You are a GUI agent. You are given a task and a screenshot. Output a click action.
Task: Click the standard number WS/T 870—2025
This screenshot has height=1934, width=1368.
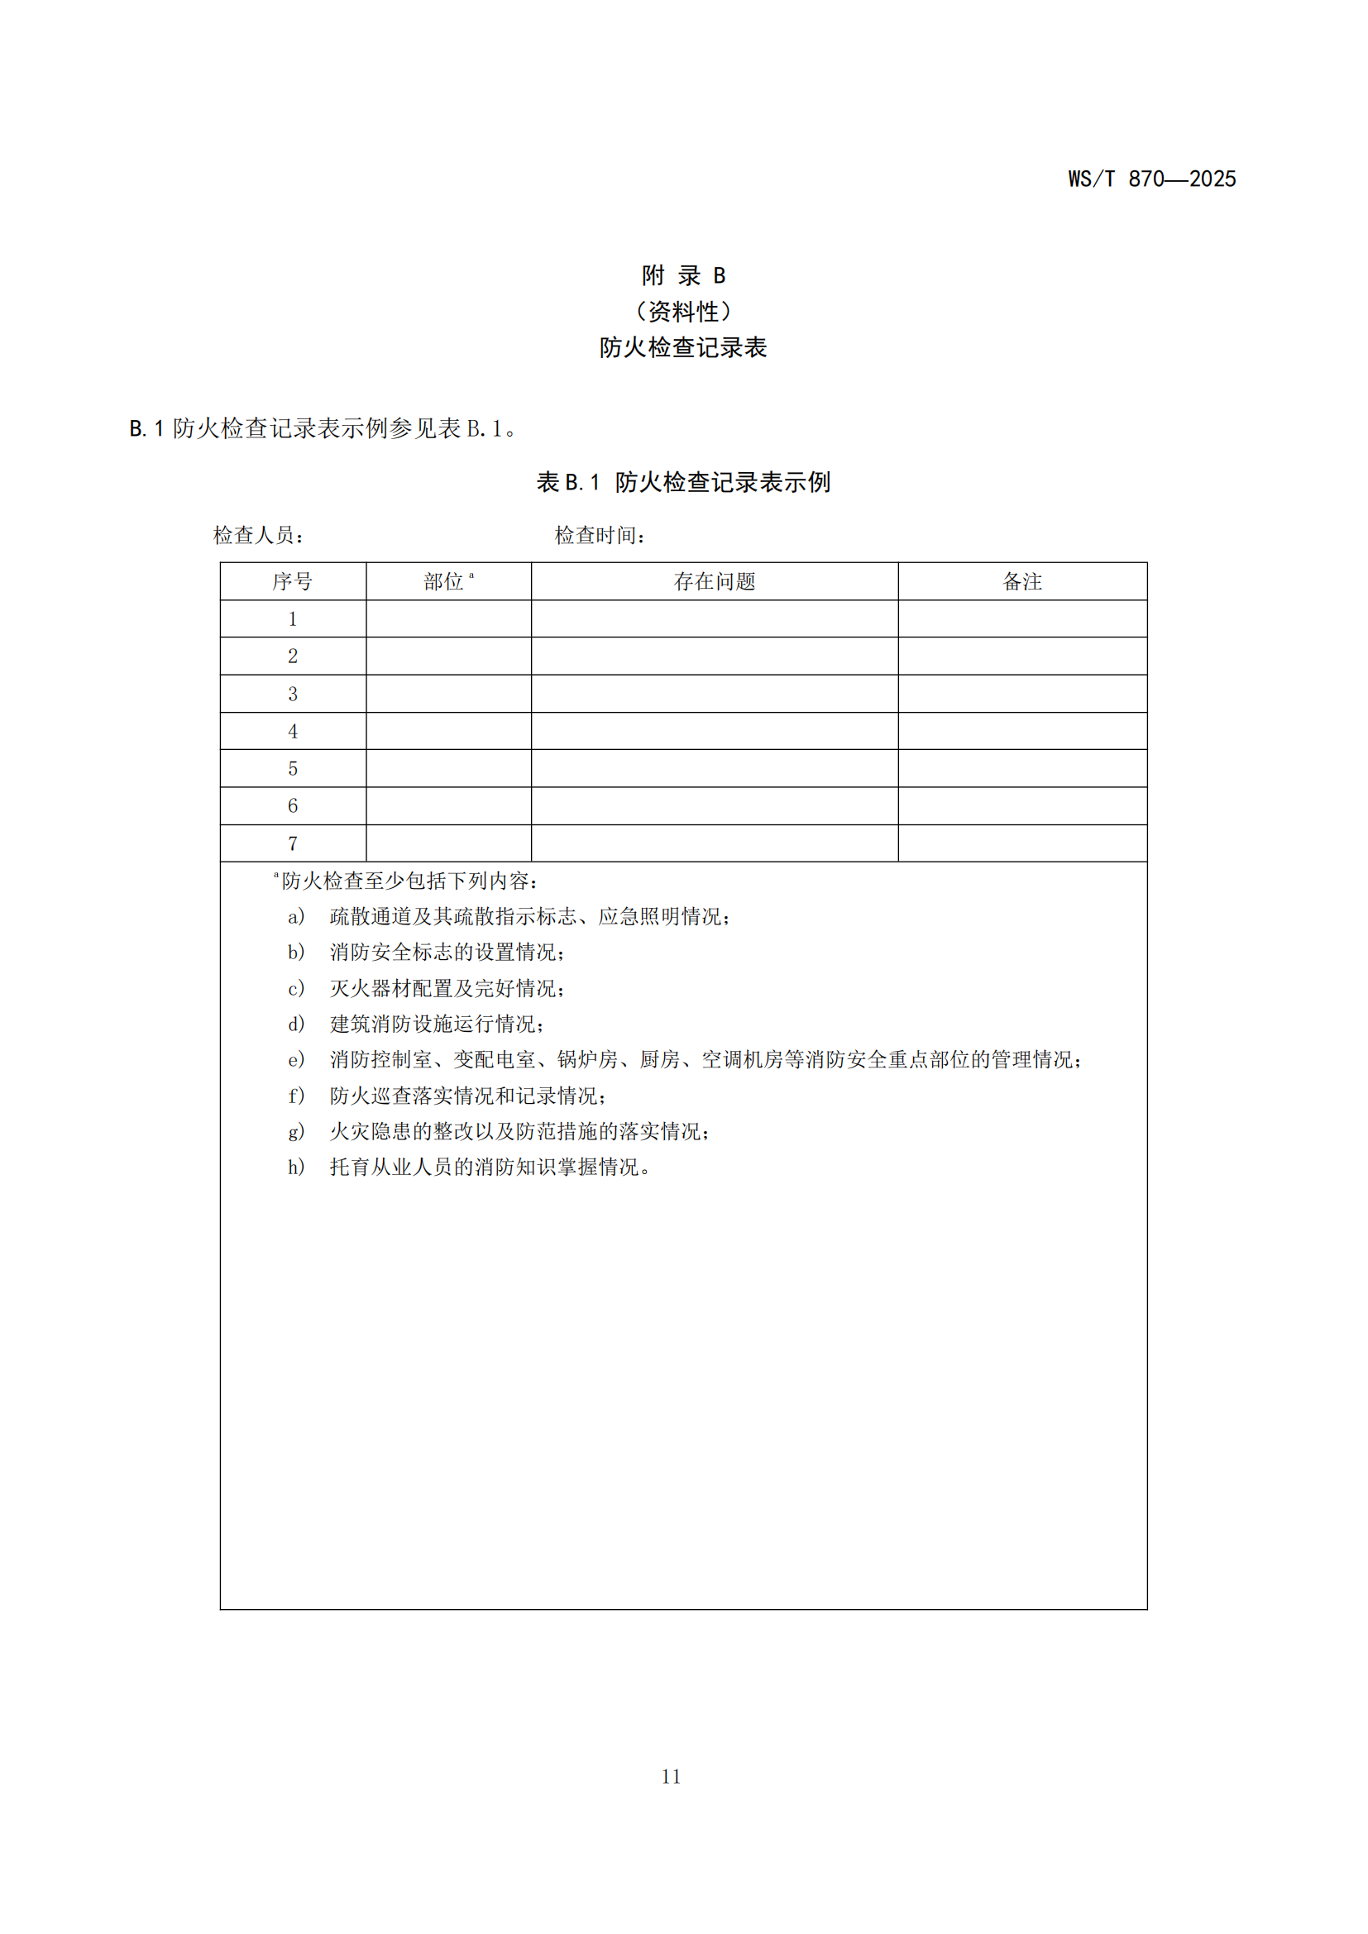tap(1150, 179)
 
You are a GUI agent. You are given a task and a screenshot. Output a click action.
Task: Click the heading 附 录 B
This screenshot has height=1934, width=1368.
tap(683, 275)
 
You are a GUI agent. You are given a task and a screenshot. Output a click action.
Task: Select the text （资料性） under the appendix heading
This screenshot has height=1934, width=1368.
tap(683, 312)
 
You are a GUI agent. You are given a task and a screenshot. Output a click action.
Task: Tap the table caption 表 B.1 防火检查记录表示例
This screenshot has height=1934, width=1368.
tap(683, 482)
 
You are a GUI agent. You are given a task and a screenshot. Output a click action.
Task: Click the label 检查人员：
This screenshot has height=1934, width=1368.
tap(259, 535)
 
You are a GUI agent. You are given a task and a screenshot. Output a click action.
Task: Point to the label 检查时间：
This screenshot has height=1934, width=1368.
tap(600, 535)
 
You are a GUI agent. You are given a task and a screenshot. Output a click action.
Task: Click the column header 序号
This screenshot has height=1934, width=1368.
tap(292, 581)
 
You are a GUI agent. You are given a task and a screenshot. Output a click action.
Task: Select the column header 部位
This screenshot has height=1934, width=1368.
tap(444, 581)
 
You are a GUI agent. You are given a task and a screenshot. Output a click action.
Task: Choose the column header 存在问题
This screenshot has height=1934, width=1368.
tap(715, 581)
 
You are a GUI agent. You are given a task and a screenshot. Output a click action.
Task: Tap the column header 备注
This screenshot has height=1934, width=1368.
tap(1021, 581)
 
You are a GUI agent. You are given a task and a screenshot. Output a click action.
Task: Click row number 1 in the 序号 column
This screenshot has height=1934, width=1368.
tap(292, 619)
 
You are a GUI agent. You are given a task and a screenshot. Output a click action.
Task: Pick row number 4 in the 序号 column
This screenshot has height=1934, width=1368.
tap(292, 731)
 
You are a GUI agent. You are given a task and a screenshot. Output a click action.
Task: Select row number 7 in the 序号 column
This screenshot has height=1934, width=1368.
tap(292, 843)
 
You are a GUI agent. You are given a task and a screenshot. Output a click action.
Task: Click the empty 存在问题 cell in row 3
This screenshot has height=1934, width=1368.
tap(715, 693)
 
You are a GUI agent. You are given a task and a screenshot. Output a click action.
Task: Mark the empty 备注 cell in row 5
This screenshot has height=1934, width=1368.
tap(1021, 768)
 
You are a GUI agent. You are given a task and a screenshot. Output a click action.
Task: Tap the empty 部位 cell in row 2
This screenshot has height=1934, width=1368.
tap(448, 656)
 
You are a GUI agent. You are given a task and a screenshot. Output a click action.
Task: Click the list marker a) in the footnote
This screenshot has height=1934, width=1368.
tap(295, 916)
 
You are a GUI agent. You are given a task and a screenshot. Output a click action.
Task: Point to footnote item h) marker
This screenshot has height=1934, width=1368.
tap(295, 1168)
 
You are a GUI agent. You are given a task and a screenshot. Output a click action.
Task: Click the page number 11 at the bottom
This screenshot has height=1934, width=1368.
tap(671, 1776)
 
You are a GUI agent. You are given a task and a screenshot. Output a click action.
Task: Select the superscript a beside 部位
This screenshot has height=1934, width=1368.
tap(471, 575)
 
